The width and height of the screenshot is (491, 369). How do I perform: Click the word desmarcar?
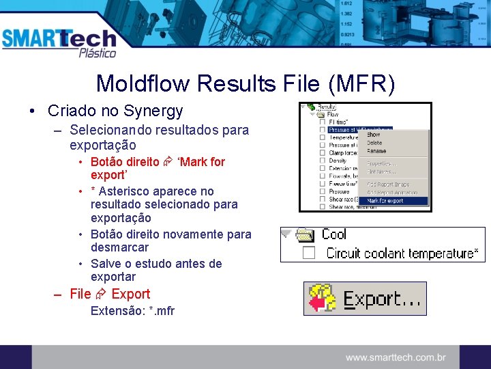(119, 247)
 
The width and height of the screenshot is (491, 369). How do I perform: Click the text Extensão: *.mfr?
(132, 311)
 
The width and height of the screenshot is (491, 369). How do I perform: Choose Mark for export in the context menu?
(385, 201)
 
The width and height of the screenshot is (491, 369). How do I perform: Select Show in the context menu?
(374, 135)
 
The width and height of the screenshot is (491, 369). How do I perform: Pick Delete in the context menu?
(375, 143)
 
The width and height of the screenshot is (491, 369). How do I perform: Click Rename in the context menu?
(376, 151)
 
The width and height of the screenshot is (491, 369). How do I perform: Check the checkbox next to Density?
(322, 161)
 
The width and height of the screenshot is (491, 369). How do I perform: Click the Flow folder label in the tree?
(333, 114)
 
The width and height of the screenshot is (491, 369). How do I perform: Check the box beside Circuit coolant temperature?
(308, 254)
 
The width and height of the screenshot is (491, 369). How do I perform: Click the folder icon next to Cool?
(304, 235)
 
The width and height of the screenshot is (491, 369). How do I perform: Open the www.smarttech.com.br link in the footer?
(396, 357)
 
